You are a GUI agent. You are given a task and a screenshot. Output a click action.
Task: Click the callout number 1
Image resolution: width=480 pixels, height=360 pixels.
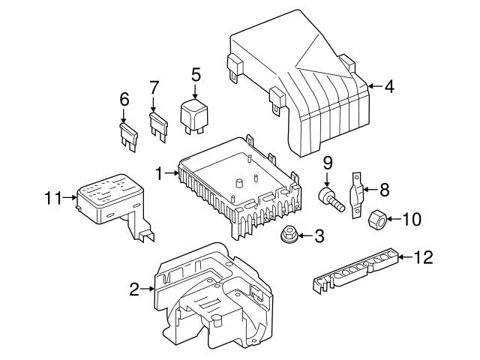click(x=159, y=173)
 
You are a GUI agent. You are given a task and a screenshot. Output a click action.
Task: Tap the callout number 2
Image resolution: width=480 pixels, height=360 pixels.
click(x=134, y=289)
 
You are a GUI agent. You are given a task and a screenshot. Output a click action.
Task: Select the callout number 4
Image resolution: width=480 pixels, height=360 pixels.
click(x=388, y=87)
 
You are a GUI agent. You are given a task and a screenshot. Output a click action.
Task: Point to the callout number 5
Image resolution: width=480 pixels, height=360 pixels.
click(x=196, y=74)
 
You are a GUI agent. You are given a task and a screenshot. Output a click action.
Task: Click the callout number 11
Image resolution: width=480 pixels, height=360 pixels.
click(x=52, y=199)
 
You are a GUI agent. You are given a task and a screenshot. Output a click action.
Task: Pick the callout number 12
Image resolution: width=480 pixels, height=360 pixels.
click(x=424, y=257)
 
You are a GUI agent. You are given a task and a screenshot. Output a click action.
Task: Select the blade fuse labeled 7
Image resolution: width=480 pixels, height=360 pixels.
click(x=159, y=124)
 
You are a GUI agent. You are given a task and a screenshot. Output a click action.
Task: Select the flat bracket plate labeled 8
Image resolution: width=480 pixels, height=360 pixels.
click(x=358, y=193)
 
